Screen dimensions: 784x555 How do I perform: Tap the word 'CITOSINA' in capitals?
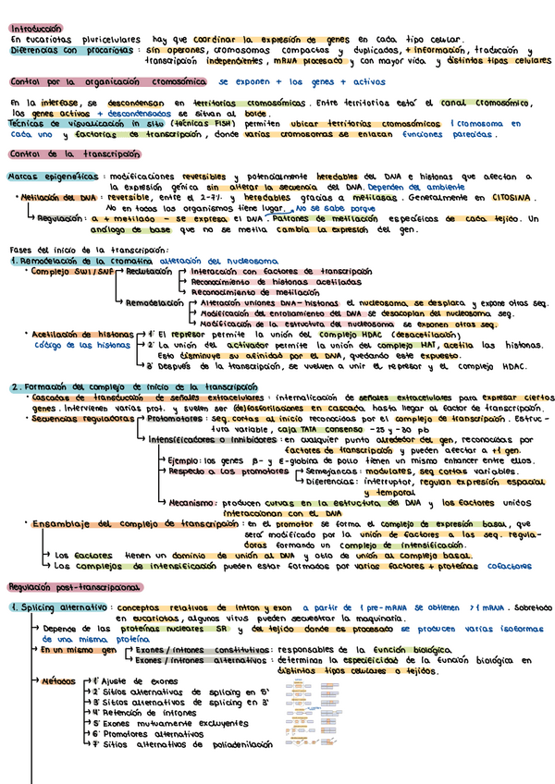511,198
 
